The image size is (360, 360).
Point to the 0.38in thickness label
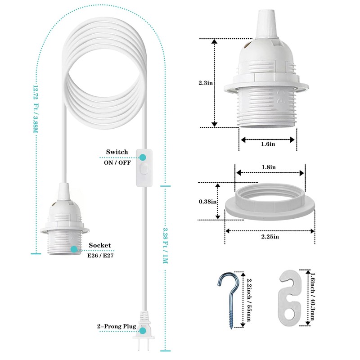point(207,202)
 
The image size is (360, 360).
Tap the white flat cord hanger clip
point(291,297)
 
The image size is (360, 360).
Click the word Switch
point(117,153)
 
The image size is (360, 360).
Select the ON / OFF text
point(117,162)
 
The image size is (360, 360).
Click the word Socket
point(99,245)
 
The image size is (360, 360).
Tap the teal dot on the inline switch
point(143,157)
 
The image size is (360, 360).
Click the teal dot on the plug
point(143,330)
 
